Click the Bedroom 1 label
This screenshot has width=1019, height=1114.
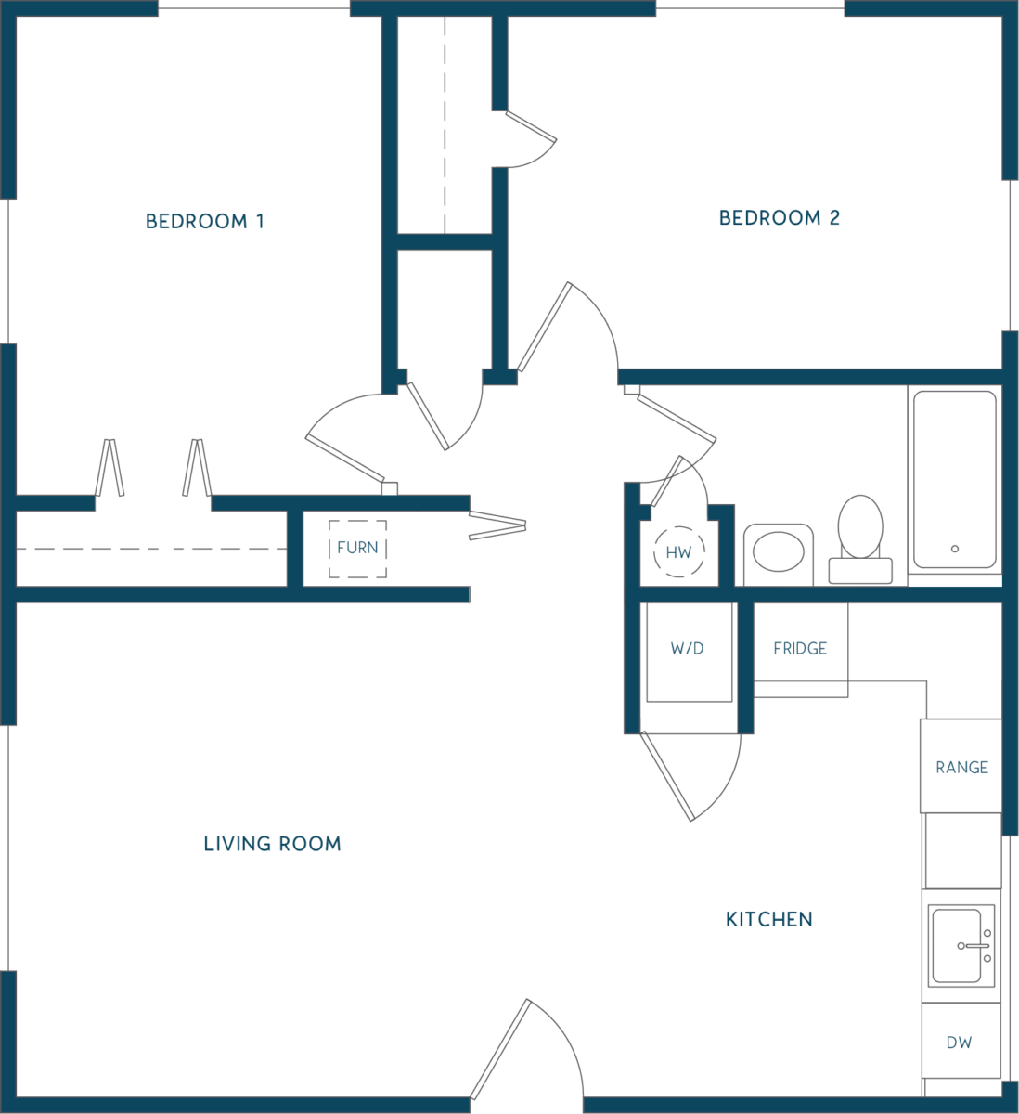pos(204,222)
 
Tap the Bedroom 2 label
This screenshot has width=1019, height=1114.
pos(780,217)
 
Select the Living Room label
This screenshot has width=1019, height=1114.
pos(272,844)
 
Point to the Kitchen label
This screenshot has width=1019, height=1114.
pos(769,920)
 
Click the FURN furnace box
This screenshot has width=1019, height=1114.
pos(357,549)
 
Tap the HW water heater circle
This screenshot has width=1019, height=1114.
pos(678,552)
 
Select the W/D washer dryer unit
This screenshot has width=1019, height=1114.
pos(690,653)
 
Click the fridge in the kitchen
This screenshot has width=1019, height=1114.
pos(800,650)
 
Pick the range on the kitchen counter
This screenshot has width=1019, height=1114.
pos(961,767)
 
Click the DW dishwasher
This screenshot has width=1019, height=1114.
pos(960,1043)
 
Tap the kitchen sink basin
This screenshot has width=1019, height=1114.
pos(956,946)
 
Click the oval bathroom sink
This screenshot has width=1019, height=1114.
pos(778,551)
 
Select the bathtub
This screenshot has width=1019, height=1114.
pos(955,479)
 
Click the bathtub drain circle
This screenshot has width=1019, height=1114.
pos(955,549)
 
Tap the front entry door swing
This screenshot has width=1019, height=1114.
pos(526,1050)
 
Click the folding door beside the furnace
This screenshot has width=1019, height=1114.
pos(497,525)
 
